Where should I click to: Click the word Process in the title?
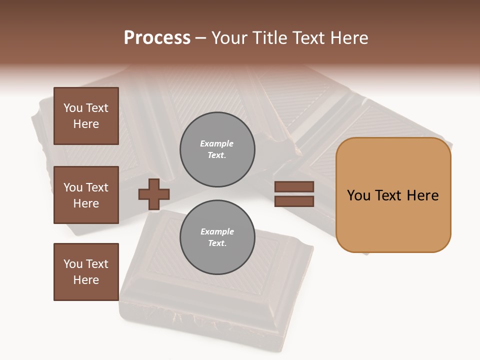coord(157,38)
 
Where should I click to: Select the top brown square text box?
coord(86,116)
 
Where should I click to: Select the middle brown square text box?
coord(86,195)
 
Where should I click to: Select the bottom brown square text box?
coord(86,272)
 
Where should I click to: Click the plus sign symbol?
coord(153,194)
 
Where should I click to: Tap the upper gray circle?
coord(217,149)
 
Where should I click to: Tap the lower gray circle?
coord(217,237)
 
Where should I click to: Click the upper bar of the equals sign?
coord(294,187)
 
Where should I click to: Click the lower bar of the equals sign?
coord(294,201)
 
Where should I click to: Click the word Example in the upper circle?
coord(216,143)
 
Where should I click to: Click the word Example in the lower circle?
coord(217,231)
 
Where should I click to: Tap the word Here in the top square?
coord(86,124)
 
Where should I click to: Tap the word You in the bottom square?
coord(73,264)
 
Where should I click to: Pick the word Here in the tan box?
coord(422,195)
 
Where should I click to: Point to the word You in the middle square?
coord(73,187)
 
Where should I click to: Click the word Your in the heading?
coord(229,38)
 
